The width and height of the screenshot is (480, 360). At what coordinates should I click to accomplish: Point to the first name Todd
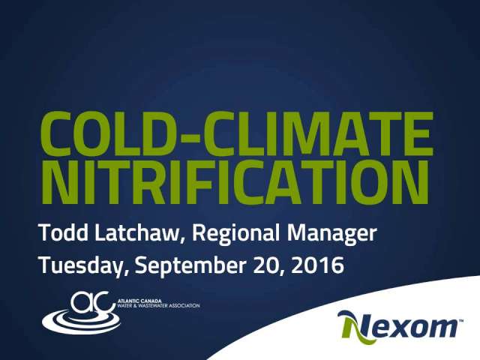tap(64, 232)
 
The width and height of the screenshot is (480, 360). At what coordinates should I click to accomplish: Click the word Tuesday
tap(79, 266)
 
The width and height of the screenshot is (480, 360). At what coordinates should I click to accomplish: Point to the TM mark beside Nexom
tap(460, 320)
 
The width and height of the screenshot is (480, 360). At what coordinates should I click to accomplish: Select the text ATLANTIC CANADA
tap(139, 301)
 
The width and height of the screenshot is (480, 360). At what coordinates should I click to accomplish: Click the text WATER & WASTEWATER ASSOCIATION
tap(159, 305)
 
